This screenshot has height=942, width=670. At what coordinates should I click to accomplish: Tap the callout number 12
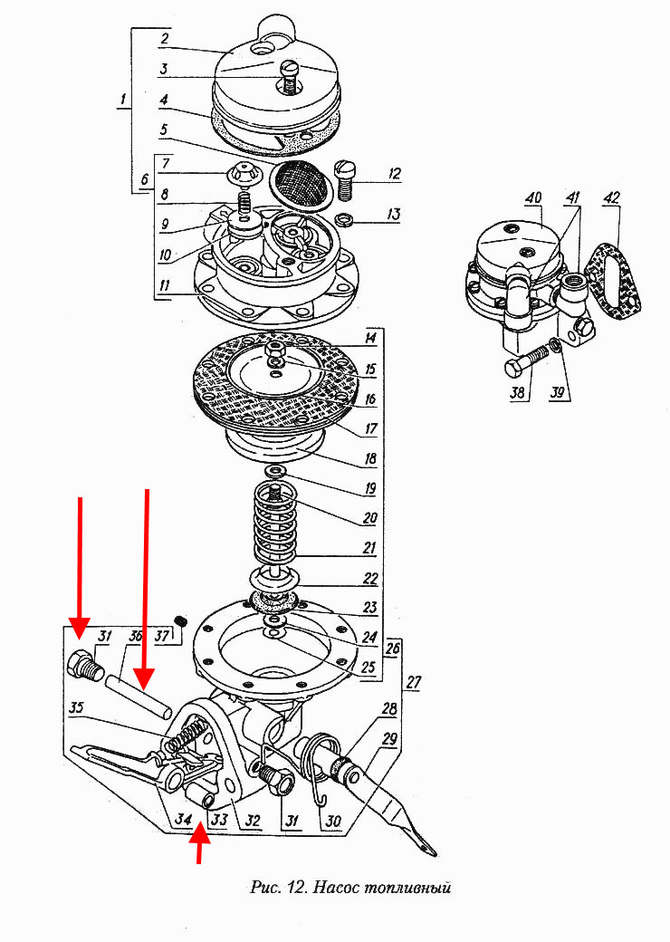pyautogui.click(x=394, y=174)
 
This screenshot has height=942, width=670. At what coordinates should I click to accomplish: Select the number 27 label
pyautogui.click(x=414, y=682)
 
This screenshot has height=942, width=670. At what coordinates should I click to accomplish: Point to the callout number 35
pyautogui.click(x=76, y=707)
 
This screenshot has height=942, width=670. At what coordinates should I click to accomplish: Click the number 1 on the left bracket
pyautogui.click(x=124, y=99)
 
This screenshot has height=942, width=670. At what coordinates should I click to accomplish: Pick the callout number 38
pyautogui.click(x=517, y=393)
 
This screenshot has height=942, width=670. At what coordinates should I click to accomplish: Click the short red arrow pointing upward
pyautogui.click(x=199, y=845)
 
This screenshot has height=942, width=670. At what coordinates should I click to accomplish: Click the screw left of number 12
pyautogui.click(x=345, y=179)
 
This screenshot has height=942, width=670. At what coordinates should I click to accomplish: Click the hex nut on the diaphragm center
pyautogui.click(x=274, y=349)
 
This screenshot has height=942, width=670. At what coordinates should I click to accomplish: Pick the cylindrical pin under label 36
pyautogui.click(x=139, y=691)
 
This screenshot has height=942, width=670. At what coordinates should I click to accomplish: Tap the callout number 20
pyautogui.click(x=370, y=517)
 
